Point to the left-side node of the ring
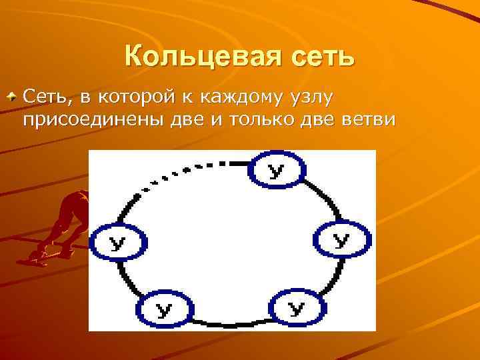117,243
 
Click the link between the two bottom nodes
230,319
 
